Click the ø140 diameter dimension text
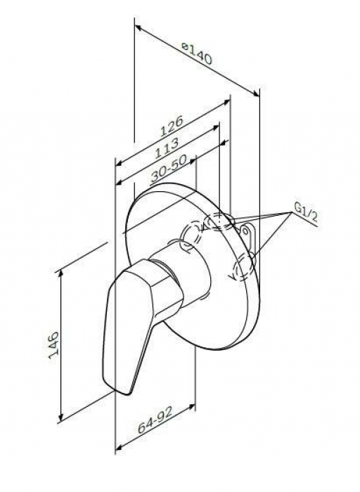(197, 54)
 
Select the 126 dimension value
(171, 126)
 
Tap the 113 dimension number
(167, 148)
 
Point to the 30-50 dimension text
(169, 168)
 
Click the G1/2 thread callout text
(306, 212)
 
